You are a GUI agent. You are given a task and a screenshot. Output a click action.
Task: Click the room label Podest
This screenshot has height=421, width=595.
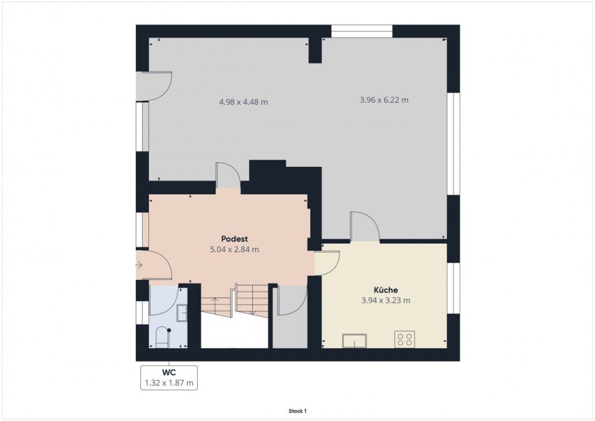(235, 239)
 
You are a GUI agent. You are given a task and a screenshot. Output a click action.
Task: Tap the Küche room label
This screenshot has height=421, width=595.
(386, 290)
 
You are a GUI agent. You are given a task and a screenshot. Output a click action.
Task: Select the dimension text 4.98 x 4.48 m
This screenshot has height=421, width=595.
(244, 102)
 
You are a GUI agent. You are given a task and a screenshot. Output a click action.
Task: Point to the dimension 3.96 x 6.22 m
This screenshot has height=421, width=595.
(384, 100)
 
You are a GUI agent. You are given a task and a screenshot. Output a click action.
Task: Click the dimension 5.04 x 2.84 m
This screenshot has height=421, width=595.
(235, 250)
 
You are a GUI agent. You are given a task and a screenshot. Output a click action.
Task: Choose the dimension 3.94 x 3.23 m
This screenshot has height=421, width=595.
(386, 301)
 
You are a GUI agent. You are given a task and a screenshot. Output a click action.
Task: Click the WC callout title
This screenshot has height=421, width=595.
(169, 372)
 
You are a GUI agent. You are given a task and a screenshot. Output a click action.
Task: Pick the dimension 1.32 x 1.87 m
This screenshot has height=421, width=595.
(169, 383)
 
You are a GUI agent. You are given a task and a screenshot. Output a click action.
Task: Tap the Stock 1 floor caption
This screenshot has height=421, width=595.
(297, 411)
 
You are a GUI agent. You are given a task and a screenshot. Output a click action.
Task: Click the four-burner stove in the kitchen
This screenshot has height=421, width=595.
(405, 339)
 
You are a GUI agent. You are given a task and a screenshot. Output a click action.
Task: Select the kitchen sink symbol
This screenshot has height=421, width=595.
(354, 341)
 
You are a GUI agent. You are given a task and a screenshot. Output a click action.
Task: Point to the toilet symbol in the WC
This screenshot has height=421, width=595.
(163, 337)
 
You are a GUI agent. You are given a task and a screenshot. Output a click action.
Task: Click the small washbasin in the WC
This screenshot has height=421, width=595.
(182, 313)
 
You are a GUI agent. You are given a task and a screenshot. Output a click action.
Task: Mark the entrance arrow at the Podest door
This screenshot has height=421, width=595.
(139, 265)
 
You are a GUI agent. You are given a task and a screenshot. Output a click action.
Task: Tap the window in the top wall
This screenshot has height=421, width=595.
(362, 31)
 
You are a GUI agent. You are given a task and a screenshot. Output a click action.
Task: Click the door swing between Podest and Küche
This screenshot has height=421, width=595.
(327, 264)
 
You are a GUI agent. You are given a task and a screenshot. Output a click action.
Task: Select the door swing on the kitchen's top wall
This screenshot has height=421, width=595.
(365, 226)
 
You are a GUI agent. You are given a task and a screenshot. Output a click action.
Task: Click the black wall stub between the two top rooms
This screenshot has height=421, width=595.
(315, 50)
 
